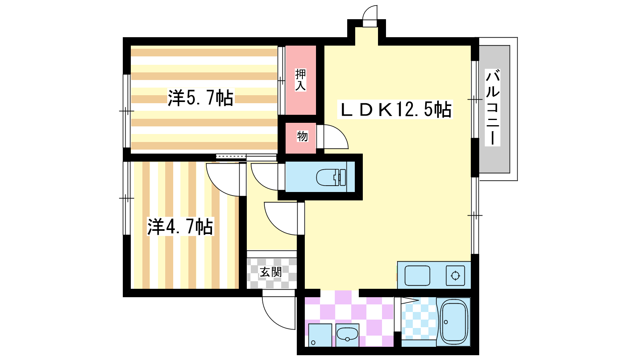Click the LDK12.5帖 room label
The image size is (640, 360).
pyautogui.click(x=395, y=110)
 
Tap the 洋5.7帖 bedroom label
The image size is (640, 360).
pyautogui.click(x=200, y=98)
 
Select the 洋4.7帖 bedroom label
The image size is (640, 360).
pyautogui.click(x=180, y=226)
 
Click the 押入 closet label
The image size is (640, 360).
pyautogui.click(x=300, y=80)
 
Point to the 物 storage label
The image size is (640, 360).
pyautogui.click(x=302, y=136)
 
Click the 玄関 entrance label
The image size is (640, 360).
pyautogui.click(x=270, y=272)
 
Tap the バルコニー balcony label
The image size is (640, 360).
pyautogui.click(x=492, y=108)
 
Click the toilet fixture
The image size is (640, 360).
pyautogui.click(x=331, y=178)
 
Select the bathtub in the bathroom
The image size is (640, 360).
pyautogui.click(x=454, y=322)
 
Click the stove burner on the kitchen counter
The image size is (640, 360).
pyautogui.click(x=455, y=276)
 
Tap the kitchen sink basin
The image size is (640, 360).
pyautogui.click(x=418, y=276)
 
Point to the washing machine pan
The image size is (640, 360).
pyautogui.click(x=320, y=335)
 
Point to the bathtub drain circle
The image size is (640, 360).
pyautogui.click(x=446, y=322)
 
